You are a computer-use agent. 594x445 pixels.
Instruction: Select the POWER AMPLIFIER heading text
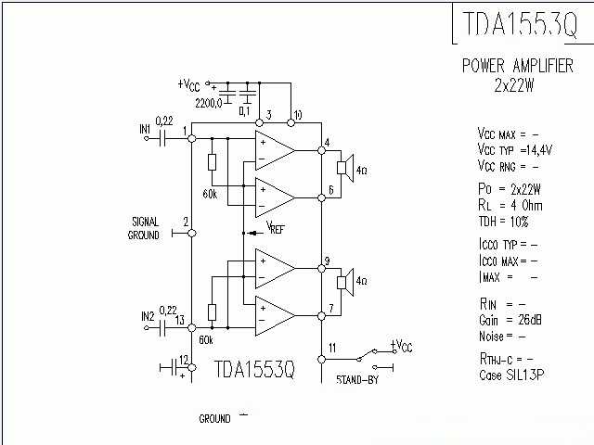pyautogui.click(x=517, y=67)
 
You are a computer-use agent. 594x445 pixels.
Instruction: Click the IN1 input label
pyautogui.click(x=145, y=130)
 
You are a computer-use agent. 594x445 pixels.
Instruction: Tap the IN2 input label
pyautogui.click(x=147, y=316)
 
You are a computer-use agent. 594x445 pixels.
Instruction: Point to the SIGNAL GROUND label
pyautogui.click(x=144, y=228)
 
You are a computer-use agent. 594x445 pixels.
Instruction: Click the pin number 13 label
pyautogui.click(x=180, y=320)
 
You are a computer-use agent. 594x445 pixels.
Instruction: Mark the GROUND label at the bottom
pyautogui.click(x=214, y=419)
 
